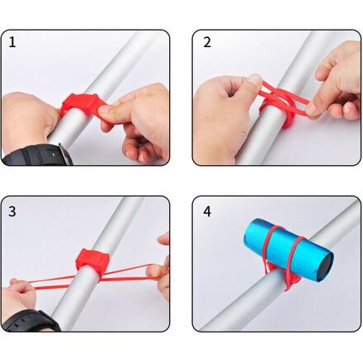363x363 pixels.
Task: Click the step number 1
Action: [12, 42]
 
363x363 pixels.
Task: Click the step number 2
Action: [207, 42]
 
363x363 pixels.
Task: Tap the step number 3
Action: [12, 211]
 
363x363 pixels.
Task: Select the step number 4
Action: [207, 211]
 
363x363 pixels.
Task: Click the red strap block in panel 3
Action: [92, 260]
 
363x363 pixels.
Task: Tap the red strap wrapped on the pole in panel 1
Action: [82, 106]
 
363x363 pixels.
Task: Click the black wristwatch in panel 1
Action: [38, 155]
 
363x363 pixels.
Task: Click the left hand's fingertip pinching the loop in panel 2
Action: [257, 80]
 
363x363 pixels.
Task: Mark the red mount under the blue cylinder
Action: [280, 275]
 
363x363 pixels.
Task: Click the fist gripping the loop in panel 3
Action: [19, 295]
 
